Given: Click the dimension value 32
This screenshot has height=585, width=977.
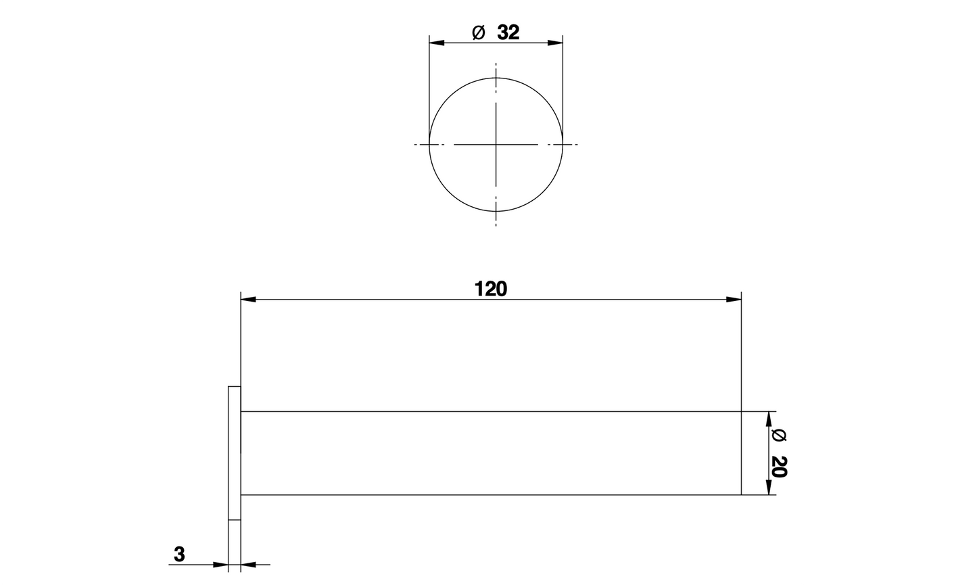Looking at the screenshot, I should click(x=508, y=32).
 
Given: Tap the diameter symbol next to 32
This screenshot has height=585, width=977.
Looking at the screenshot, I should click(x=478, y=32).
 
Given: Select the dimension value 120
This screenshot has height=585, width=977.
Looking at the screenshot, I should click(x=490, y=289).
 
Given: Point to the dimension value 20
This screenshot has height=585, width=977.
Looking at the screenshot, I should click(x=778, y=467).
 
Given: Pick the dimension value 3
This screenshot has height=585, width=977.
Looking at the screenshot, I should click(x=178, y=555).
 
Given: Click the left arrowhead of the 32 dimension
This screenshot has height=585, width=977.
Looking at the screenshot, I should click(x=437, y=43).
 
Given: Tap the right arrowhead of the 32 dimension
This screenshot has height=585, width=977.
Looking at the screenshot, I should click(x=555, y=43).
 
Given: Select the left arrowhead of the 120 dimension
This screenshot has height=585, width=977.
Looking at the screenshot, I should click(x=249, y=299).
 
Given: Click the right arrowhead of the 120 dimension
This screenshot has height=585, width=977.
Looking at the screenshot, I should click(x=734, y=299).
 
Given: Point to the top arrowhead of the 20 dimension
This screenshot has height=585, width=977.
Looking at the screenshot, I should click(x=768, y=419).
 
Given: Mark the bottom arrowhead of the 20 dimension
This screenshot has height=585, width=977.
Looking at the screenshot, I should click(x=768, y=488).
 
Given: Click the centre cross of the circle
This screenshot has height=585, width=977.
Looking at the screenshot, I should click(x=496, y=144).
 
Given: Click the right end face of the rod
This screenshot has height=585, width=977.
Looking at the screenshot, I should click(x=741, y=453).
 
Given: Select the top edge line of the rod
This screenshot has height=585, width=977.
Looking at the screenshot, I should click(x=490, y=411).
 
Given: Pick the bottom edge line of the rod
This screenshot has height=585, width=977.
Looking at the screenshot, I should click(x=490, y=495).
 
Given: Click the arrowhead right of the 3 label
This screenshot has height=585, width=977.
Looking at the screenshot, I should click(x=221, y=564).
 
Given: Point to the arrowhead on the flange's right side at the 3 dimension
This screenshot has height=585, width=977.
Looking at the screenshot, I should click(x=248, y=564).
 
